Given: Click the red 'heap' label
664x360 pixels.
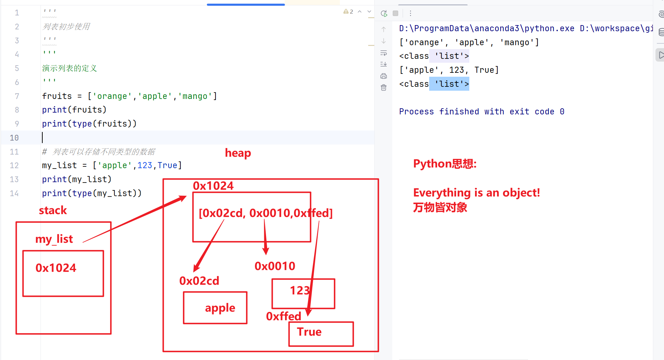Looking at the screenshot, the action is pyautogui.click(x=238, y=153).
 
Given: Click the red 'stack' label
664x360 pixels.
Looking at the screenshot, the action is pyautogui.click(x=53, y=210).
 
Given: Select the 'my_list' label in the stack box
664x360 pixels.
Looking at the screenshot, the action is pyautogui.click(x=54, y=239).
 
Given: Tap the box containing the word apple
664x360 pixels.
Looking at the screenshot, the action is pyautogui.click(x=215, y=308).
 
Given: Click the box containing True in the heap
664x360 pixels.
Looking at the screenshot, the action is pyautogui.click(x=321, y=334).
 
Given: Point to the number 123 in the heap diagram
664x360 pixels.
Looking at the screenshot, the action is pyautogui.click(x=300, y=290).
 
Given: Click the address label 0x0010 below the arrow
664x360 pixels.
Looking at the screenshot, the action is pyautogui.click(x=275, y=266).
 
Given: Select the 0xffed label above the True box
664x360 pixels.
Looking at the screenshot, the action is pyautogui.click(x=284, y=316).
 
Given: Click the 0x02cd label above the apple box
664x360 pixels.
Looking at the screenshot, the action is pyautogui.click(x=199, y=281).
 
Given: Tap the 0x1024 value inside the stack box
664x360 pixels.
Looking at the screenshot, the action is pyautogui.click(x=56, y=268).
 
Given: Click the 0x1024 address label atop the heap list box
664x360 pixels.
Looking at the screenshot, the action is pyautogui.click(x=213, y=186).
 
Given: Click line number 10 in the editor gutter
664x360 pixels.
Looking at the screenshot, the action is pyautogui.click(x=14, y=138).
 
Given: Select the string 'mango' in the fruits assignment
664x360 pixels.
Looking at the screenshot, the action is pyautogui.click(x=195, y=96).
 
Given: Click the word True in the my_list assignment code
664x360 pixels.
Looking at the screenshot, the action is pyautogui.click(x=167, y=165).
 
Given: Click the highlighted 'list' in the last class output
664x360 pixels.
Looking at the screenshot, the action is pyautogui.click(x=450, y=84).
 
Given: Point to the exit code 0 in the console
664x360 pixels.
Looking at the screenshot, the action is pyautogui.click(x=562, y=112).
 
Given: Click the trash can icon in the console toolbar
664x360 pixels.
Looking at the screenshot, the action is pyautogui.click(x=384, y=87).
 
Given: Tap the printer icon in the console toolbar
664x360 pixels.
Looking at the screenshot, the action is pyautogui.click(x=384, y=76).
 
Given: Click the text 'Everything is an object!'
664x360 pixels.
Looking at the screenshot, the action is pyautogui.click(x=476, y=193).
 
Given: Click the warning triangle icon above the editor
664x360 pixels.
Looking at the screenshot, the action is pyautogui.click(x=346, y=11).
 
